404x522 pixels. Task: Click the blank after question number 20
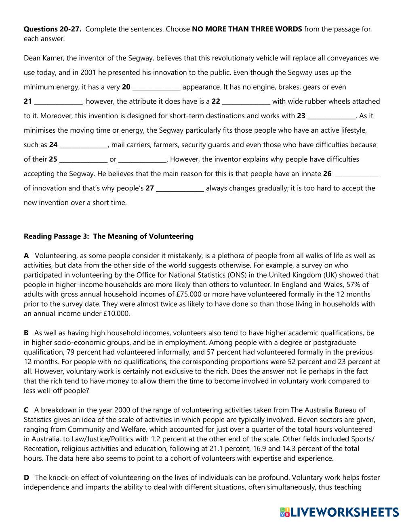click(156, 88)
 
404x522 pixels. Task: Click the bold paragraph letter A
click(26, 256)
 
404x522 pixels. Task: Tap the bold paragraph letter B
click(26, 333)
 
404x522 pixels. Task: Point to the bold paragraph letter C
click(26, 410)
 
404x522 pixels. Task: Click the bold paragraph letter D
click(27, 478)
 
